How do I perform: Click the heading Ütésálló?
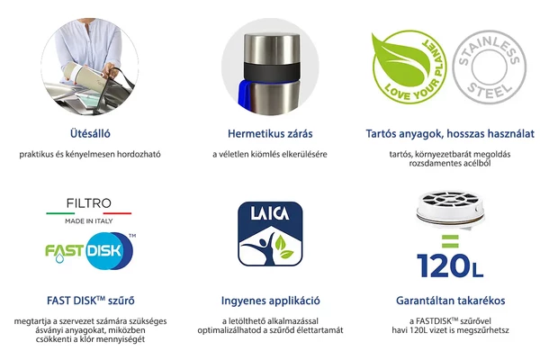[90, 133]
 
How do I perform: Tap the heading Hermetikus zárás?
[270, 133]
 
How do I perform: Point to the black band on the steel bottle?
[270, 71]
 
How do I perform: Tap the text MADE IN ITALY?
[89, 221]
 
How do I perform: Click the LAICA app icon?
[270, 236]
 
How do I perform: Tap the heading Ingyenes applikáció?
[270, 301]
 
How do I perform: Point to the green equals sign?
[450, 242]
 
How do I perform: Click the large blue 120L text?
[450, 265]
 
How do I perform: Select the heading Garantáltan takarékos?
[450, 301]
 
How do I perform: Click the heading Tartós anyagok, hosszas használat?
[450, 133]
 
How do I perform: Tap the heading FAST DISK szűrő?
[89, 301]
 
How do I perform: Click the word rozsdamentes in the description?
[422, 164]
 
